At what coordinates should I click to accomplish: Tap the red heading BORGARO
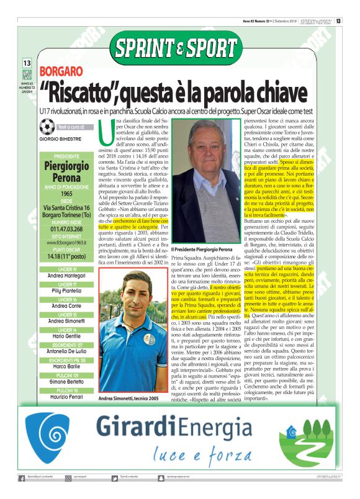pyautogui.click(x=61, y=73)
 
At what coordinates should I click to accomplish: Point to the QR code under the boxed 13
pyautogui.click(x=27, y=74)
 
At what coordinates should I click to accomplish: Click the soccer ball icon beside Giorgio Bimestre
pyautogui.click(x=47, y=127)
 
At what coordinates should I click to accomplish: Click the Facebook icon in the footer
pyautogui.click(x=22, y=478)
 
